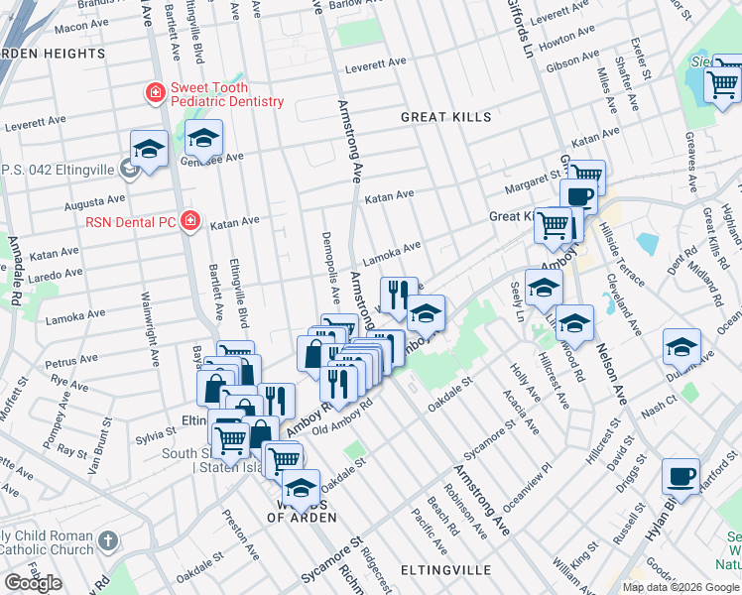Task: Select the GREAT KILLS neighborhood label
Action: click(445, 117)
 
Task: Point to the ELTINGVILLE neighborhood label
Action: click(445, 570)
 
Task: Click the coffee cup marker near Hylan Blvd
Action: click(681, 476)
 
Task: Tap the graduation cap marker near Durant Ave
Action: click(681, 347)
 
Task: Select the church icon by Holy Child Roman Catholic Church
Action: click(109, 541)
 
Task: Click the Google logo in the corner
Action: click(33, 583)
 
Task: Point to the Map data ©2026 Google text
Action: click(680, 587)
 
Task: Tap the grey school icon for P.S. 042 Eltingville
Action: click(128, 170)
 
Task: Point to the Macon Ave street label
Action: click(81, 26)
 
